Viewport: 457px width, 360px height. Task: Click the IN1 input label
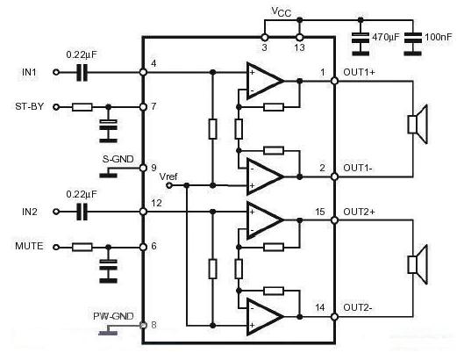[x=29, y=72]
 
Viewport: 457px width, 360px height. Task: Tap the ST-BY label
[x=29, y=106]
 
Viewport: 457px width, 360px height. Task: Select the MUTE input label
[x=29, y=246]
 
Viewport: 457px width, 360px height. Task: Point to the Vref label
[x=168, y=176]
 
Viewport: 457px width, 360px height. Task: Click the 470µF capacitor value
[x=385, y=37]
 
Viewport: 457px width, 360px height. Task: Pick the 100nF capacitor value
[x=439, y=37]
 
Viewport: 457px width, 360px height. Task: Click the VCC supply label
[x=282, y=11]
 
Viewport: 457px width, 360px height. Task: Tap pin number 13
[x=299, y=47]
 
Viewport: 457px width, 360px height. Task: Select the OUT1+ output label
[x=359, y=72]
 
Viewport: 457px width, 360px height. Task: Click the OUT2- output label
[x=358, y=307]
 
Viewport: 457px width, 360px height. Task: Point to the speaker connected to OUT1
[x=418, y=124]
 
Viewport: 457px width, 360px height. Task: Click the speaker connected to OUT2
[x=418, y=264]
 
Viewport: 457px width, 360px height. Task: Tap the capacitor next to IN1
[x=82, y=72]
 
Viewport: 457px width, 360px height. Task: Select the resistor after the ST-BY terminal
[x=82, y=107]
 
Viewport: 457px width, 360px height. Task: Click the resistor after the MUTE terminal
[x=82, y=248]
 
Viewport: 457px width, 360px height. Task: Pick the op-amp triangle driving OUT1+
[x=265, y=81]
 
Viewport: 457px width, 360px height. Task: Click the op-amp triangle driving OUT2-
[x=265, y=316]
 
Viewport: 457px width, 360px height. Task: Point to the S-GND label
[x=118, y=159]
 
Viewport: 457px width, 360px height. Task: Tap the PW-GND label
[x=113, y=316]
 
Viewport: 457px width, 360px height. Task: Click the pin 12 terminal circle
[x=143, y=212]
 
